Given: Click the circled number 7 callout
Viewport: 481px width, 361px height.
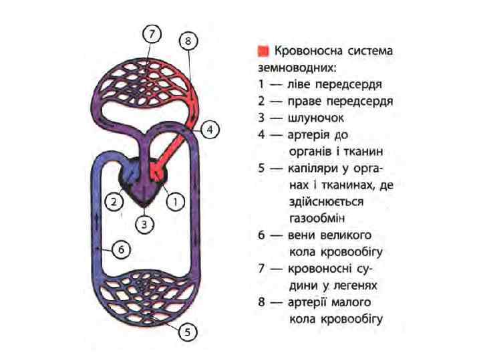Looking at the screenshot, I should point(153,33).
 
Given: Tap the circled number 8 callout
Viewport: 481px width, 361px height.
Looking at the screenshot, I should point(189,41).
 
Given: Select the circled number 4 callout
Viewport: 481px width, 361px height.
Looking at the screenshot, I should point(209,130).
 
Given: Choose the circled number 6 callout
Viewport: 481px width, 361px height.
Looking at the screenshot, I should point(120,250).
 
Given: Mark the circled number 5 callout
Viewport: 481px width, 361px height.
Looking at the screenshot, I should point(190,332).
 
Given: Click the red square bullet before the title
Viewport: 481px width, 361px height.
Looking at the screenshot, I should point(263,51).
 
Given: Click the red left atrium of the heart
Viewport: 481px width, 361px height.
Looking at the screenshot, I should point(157,172).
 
